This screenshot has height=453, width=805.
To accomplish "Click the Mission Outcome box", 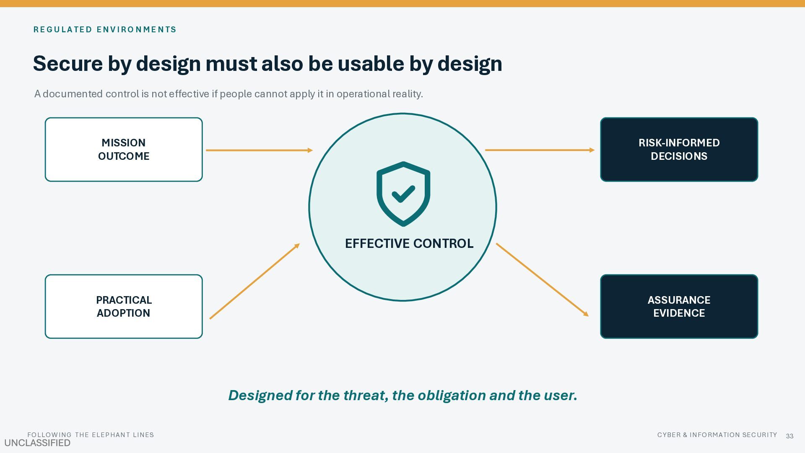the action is pos(124,149).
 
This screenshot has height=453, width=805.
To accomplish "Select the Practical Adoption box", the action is pos(124,307).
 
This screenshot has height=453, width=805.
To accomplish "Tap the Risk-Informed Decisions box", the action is pos(679,149).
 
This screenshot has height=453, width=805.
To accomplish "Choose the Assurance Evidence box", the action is pos(679,307).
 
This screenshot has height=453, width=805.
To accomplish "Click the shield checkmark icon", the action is pos(403,194).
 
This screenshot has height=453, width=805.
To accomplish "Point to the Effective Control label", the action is pos(409,243).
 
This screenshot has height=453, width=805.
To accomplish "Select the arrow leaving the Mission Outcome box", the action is pos(260,150).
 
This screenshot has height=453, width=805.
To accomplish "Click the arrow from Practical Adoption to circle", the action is pos(254,281).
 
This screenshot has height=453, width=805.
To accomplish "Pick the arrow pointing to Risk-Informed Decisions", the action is pos(540,150).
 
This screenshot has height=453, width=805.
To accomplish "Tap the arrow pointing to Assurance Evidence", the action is pos(543,280).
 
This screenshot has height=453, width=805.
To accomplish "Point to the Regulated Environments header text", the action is pos(105,29).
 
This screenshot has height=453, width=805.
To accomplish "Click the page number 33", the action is pos(790,436).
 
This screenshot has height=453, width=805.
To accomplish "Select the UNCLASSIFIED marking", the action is pos(37,443).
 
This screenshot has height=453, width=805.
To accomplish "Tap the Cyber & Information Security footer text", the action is pos(717,435).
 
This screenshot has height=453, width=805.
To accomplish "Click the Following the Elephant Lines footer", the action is pos(91,435).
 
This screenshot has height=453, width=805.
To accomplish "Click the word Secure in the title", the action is pos(68,64).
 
